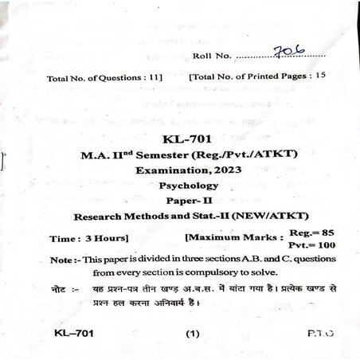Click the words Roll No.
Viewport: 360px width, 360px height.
(x=212, y=57)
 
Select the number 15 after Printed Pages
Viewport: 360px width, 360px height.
(x=320, y=76)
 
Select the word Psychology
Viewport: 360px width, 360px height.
(x=190, y=186)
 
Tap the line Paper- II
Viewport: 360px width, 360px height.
(x=189, y=201)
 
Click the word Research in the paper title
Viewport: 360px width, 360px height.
(x=98, y=216)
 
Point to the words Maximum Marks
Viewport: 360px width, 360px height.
(x=233, y=237)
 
